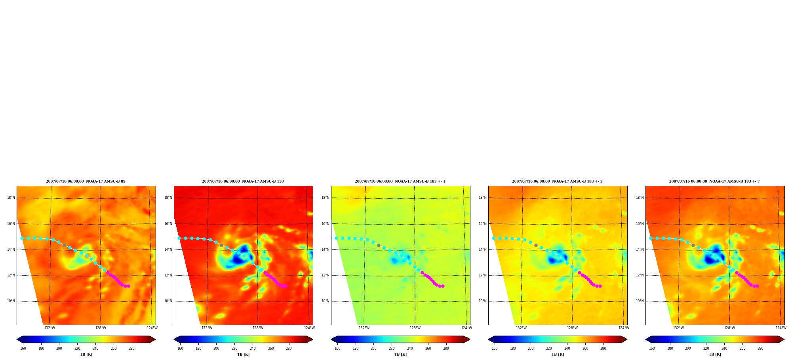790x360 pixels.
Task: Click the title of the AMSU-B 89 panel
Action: [x=86, y=181]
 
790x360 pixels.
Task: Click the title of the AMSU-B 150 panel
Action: [x=243, y=181]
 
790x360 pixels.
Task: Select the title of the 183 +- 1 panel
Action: [x=400, y=181]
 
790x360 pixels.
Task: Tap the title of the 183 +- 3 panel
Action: [x=557, y=181]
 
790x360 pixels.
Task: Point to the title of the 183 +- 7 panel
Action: [x=714, y=181]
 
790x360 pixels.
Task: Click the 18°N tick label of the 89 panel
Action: [x=11, y=198]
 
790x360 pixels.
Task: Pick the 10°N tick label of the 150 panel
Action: [x=168, y=301]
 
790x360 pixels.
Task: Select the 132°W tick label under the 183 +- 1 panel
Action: [x=364, y=328]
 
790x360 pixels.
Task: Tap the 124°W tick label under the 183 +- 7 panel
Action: [x=781, y=328]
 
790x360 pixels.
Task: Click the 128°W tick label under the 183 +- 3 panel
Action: [x=572, y=328]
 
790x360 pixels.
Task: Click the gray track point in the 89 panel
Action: [x=64, y=245]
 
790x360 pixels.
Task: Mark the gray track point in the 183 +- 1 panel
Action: [x=379, y=245]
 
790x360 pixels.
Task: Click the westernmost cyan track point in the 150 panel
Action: [x=179, y=238]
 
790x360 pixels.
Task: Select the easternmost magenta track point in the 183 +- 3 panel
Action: [x=600, y=286]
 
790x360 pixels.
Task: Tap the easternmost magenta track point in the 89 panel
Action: [x=128, y=286]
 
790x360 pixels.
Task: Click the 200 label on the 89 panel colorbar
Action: [x=59, y=349]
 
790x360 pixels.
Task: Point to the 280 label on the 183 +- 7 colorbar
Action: [x=760, y=349]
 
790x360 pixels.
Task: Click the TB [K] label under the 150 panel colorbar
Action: [x=243, y=354]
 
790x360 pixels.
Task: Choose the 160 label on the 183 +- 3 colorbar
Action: [x=495, y=349]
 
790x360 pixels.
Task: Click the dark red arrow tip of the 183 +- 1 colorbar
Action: [x=470, y=339]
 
